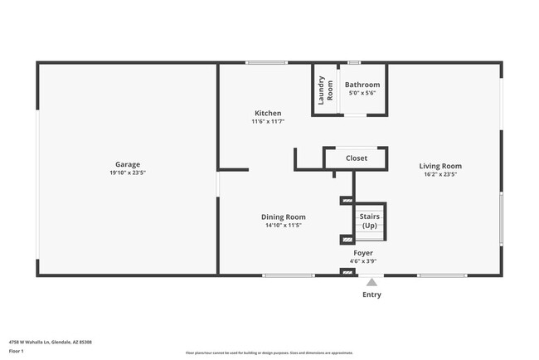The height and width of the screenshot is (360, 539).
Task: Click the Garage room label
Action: (127, 164)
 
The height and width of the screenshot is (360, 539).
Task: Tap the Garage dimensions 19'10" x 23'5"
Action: (127, 174)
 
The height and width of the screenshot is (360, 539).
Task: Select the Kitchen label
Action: (267, 113)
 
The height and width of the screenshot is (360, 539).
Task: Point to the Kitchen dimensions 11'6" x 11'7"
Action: (267, 122)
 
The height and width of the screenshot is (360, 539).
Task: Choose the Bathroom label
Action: (362, 85)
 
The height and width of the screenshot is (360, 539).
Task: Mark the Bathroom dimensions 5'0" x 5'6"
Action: (362, 93)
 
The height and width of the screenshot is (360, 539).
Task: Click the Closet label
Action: (356, 158)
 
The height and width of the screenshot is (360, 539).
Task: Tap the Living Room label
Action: (439, 165)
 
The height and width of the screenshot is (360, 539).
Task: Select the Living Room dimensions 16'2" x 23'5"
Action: (439, 174)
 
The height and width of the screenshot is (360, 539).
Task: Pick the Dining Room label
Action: (284, 216)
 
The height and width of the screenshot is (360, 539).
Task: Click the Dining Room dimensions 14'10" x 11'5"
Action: (284, 225)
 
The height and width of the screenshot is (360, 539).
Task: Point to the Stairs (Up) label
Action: (369, 221)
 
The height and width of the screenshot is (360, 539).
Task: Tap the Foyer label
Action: (363, 253)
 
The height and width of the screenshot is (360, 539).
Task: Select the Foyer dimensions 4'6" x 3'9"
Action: (363, 261)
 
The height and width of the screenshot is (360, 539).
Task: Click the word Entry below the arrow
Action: (372, 294)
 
